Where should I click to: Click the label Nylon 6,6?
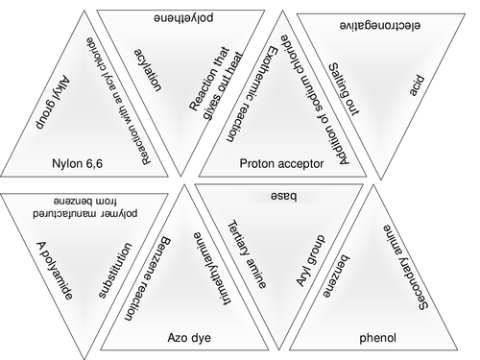80,164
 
